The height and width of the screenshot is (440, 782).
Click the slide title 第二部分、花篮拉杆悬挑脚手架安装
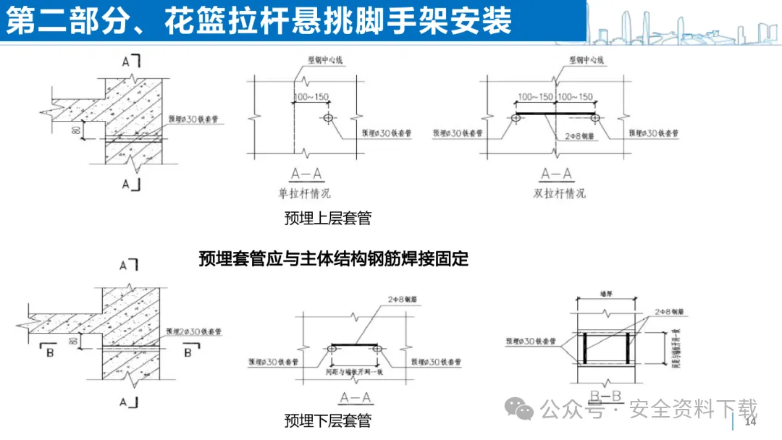point(258,20)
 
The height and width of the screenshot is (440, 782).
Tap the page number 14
point(750,421)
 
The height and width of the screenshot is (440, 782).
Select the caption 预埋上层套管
point(327,218)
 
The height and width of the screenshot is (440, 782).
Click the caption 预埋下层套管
point(327,420)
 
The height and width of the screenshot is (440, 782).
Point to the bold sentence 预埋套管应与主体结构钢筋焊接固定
point(334,258)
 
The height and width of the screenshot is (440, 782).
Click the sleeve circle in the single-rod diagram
point(328,117)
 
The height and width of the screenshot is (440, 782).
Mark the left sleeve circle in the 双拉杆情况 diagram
point(516,117)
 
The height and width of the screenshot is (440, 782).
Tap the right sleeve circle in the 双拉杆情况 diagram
point(594,117)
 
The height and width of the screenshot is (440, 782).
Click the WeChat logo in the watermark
point(524,409)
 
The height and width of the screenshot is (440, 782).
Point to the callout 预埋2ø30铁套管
point(193,331)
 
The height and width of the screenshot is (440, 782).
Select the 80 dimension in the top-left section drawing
point(75,130)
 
